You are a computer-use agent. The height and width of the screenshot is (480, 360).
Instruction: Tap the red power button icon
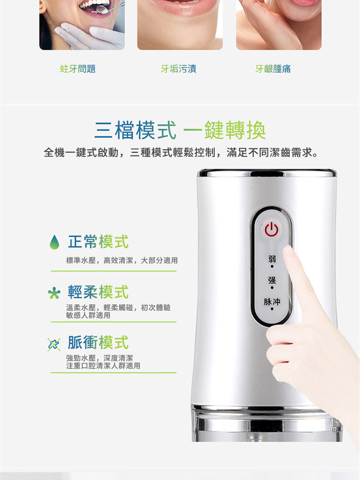(x=271, y=229)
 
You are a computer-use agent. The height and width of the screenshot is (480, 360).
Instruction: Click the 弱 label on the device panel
(x=272, y=259)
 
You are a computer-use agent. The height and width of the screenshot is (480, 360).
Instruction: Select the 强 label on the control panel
(x=272, y=280)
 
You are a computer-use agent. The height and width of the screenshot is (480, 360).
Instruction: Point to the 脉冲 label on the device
(x=272, y=301)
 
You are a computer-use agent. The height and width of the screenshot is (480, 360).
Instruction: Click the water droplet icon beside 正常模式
(x=55, y=242)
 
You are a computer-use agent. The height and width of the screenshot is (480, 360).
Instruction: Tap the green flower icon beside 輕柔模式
(x=54, y=293)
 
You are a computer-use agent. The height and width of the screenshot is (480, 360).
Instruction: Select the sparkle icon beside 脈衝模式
(x=54, y=344)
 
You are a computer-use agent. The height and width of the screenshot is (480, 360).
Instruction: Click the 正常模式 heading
(x=98, y=242)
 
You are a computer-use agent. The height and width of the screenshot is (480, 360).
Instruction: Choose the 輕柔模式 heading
(x=98, y=292)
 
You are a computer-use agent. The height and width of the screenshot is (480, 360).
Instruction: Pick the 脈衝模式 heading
(x=98, y=342)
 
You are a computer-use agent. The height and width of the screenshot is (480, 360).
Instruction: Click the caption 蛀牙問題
(x=78, y=69)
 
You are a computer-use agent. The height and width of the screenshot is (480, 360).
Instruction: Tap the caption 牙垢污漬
(x=179, y=69)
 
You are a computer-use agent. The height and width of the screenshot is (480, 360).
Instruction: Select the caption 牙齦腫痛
(x=273, y=69)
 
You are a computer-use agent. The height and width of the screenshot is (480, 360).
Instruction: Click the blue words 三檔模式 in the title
(x=135, y=131)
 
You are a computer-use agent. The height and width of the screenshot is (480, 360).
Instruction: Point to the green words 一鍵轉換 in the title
(x=225, y=131)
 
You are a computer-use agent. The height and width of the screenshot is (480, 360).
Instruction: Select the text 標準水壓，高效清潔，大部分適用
(x=122, y=261)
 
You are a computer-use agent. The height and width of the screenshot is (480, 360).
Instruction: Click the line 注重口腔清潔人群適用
(x=103, y=366)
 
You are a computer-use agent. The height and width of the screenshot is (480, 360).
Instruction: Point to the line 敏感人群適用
(x=88, y=315)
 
